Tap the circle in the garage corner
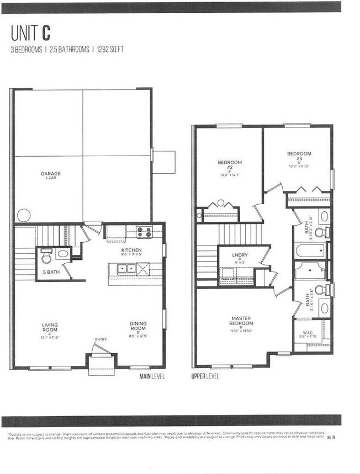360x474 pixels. click(23, 214)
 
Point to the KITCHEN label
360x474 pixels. click(131, 252)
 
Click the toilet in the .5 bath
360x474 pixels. click(47, 256)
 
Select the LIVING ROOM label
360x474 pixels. click(50, 328)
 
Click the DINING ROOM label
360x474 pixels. click(138, 327)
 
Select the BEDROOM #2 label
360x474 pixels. click(229, 166)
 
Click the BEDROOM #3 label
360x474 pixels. click(299, 157)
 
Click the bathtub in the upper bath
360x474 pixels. click(312, 252)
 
